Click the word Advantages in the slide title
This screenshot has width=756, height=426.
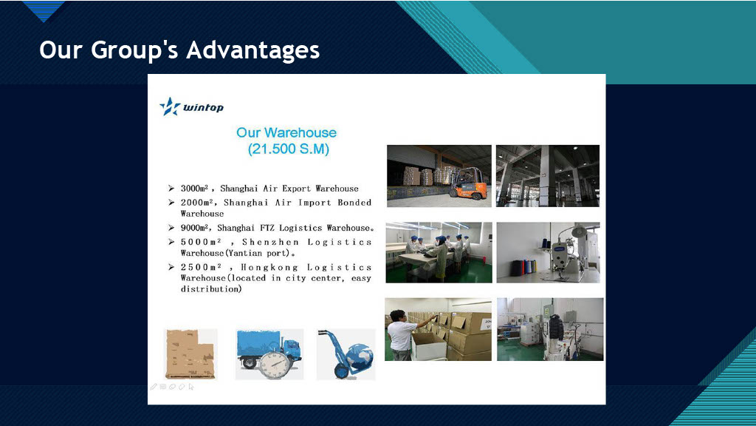253,50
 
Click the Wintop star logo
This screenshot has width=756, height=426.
170,106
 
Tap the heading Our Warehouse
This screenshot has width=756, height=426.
286,133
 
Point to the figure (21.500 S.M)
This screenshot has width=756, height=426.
289,149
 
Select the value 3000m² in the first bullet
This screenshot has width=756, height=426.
194,189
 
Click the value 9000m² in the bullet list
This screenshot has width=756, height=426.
194,228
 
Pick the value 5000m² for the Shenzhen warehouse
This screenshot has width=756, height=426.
201,242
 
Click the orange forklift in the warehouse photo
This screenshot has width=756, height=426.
467,183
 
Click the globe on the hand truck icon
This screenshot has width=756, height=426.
360,357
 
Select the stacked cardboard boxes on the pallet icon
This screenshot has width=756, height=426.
190,354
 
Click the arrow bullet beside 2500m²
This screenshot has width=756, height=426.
171,267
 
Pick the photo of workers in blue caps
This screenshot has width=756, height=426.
439,253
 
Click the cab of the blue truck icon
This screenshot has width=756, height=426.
292,350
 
